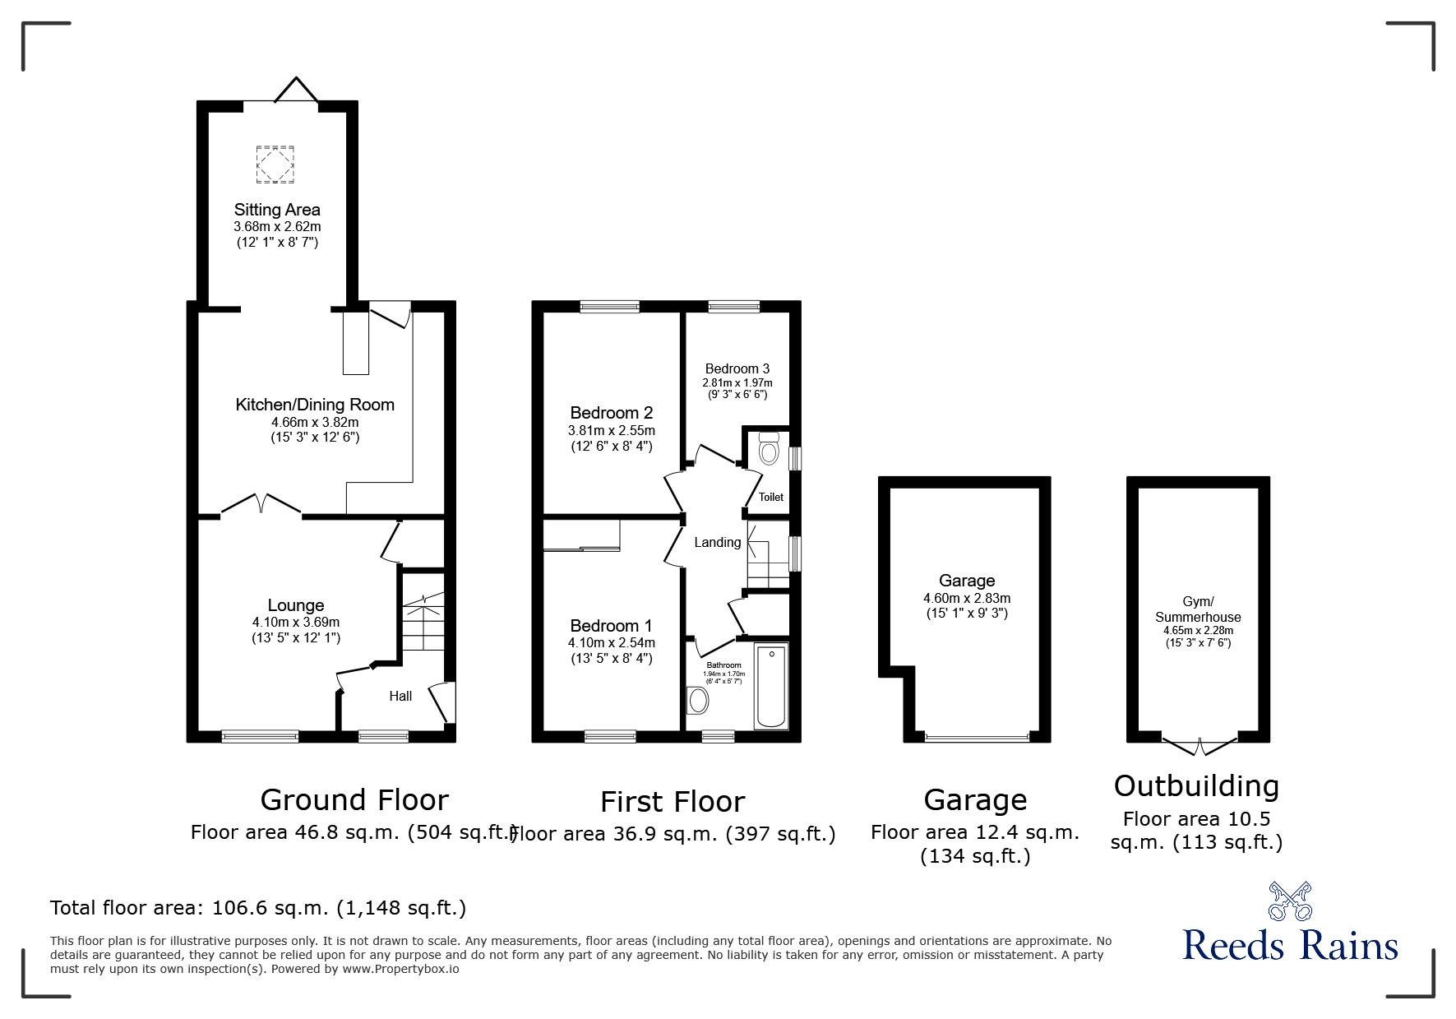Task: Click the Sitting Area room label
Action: tap(277, 210)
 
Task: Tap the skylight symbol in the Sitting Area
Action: tap(275, 164)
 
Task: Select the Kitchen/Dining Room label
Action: tap(315, 405)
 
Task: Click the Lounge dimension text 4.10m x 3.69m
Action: tap(296, 623)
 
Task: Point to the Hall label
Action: tap(400, 696)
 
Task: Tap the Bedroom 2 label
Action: tap(612, 413)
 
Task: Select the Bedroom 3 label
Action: tap(737, 368)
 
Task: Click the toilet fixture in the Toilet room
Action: tap(769, 449)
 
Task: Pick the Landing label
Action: tap(718, 542)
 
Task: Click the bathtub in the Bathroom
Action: tap(771, 687)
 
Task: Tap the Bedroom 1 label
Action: tap(612, 626)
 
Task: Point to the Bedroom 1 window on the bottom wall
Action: tap(610, 736)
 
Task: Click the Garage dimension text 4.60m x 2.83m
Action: tap(967, 598)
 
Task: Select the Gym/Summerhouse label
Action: tap(1198, 609)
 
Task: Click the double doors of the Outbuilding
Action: tap(1199, 746)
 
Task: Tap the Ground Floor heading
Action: tap(354, 799)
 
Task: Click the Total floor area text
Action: tap(258, 908)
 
